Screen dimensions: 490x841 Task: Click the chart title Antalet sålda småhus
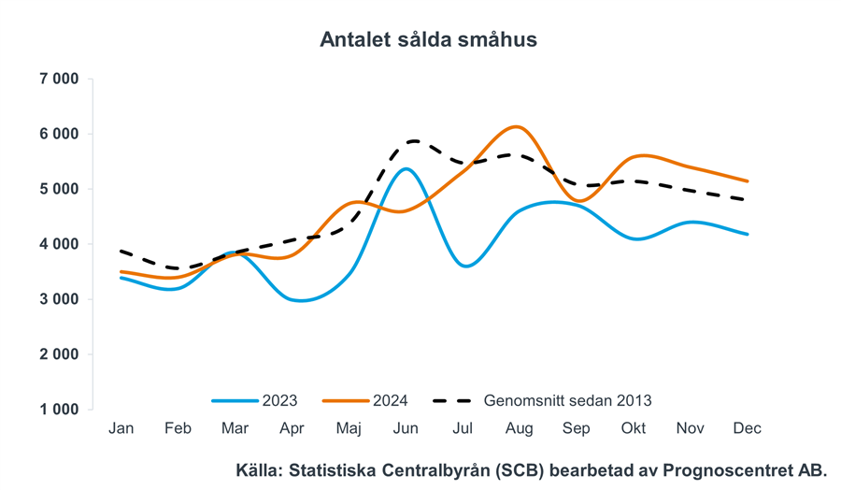428,40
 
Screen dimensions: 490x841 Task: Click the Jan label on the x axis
121,428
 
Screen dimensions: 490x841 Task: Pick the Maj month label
349,428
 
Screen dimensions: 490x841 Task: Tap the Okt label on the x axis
633,428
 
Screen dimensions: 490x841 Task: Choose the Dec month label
748,428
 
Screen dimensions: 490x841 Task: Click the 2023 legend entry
279,400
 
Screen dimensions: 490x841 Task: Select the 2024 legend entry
391,400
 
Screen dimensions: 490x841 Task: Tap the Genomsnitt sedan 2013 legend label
567,400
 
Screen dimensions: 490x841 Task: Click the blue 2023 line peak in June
405,168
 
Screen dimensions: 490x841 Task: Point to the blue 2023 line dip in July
464,266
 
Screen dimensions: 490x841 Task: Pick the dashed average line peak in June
411,141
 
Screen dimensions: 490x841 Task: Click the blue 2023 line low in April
300,300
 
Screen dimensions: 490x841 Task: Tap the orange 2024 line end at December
748,180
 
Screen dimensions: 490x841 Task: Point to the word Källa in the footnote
261,470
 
